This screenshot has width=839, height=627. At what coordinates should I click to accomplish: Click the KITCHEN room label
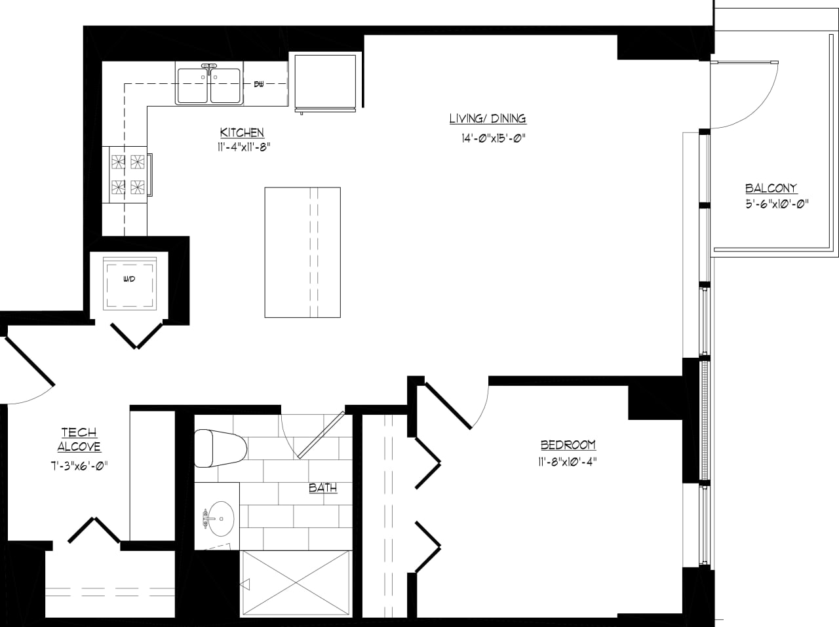242,132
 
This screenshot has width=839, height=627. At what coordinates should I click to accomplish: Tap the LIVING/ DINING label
488,119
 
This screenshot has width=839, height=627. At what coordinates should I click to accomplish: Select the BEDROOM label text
568,445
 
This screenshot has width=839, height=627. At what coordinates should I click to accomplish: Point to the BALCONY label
771,188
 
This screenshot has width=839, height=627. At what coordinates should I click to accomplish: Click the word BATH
322,487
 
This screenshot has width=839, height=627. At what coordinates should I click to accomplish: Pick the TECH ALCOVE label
79,440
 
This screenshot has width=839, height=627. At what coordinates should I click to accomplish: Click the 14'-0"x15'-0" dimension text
494,138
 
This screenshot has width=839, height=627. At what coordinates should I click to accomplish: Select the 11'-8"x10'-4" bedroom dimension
567,461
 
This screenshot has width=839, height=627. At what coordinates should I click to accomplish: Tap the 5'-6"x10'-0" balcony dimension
776,204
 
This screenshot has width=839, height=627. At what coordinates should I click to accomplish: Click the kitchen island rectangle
302,252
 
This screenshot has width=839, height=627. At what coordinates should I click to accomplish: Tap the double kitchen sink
209,85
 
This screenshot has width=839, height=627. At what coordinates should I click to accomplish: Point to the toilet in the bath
220,448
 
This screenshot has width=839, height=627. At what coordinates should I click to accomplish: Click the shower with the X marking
296,582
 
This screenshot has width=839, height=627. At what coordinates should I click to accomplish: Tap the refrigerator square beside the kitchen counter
325,81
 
